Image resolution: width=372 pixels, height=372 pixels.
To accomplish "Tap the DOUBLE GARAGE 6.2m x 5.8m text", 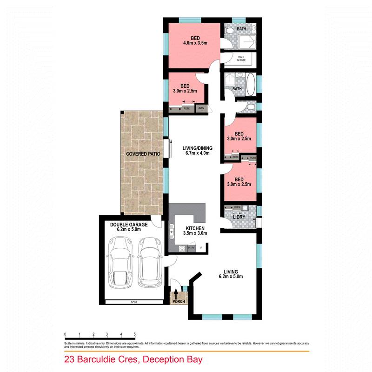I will pyautogui.click(x=129, y=226).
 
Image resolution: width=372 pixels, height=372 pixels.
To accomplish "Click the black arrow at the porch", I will pyautogui.click(x=176, y=294).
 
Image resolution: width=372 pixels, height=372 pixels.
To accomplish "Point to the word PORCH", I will pyautogui.click(x=179, y=302).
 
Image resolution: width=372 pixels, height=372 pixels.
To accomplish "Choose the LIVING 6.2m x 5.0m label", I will pyautogui.click(x=231, y=274).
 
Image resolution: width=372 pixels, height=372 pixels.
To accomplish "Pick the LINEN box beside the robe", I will pyautogui.click(x=201, y=108).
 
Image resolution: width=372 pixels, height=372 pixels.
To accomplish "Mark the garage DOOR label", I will pyautogui.click(x=134, y=302).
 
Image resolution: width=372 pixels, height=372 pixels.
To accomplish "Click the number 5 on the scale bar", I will pyautogui.click(x=134, y=334).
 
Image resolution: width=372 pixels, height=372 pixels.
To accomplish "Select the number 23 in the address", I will pyautogui.click(x=69, y=360).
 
